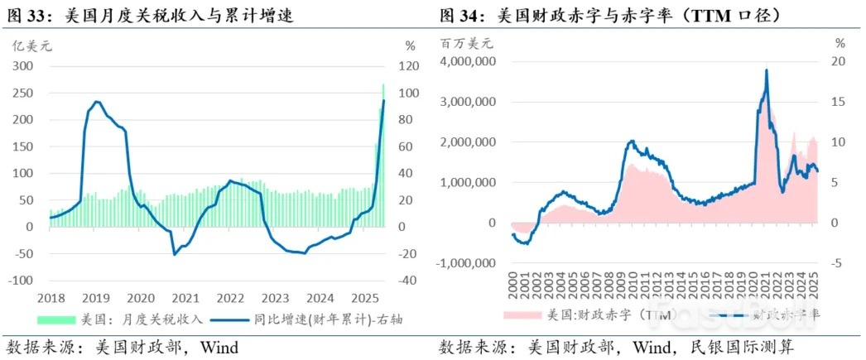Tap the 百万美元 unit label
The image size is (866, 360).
(x=467, y=43)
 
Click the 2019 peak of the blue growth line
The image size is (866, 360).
(x=97, y=102)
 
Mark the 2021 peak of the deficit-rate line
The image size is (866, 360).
(x=766, y=70)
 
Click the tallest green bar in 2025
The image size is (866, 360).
(x=382, y=85)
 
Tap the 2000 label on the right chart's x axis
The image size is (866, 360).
(x=513, y=284)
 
